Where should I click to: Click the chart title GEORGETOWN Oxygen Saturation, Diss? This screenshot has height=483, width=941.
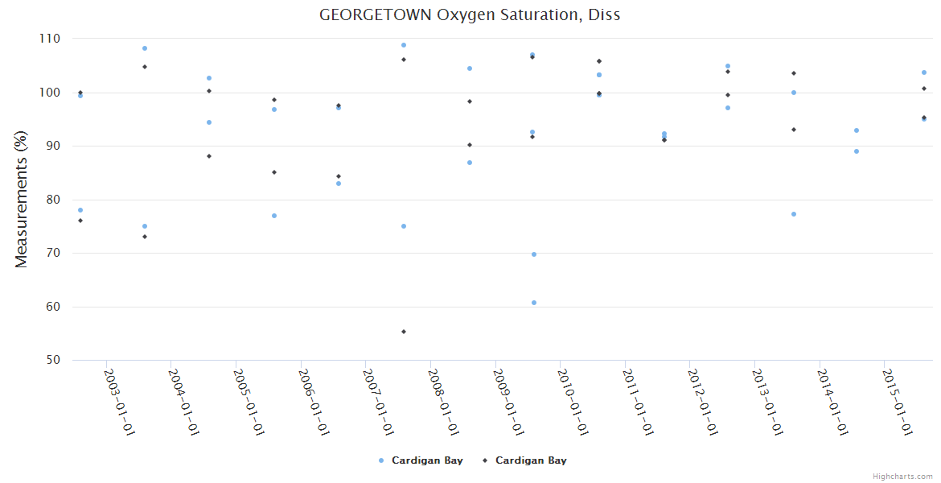click(470, 14)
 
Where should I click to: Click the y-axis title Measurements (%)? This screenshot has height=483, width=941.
click(22, 200)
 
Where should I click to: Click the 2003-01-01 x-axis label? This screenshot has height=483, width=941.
click(119, 402)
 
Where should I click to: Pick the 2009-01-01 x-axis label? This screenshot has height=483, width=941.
click(507, 402)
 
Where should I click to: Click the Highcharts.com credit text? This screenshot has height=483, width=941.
click(902, 477)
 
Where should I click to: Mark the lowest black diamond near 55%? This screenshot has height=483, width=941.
click(404, 332)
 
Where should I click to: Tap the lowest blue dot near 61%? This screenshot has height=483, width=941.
click(534, 303)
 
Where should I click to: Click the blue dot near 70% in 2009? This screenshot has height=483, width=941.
click(534, 254)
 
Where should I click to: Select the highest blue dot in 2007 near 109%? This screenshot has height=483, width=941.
click(404, 45)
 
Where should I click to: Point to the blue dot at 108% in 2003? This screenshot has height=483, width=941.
click(145, 48)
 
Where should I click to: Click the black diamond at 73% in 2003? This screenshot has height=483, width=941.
click(145, 237)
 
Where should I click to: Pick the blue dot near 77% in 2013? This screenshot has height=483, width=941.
click(794, 214)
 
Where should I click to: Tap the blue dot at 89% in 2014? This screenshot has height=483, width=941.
click(857, 151)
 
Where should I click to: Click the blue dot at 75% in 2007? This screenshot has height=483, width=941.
click(404, 226)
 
